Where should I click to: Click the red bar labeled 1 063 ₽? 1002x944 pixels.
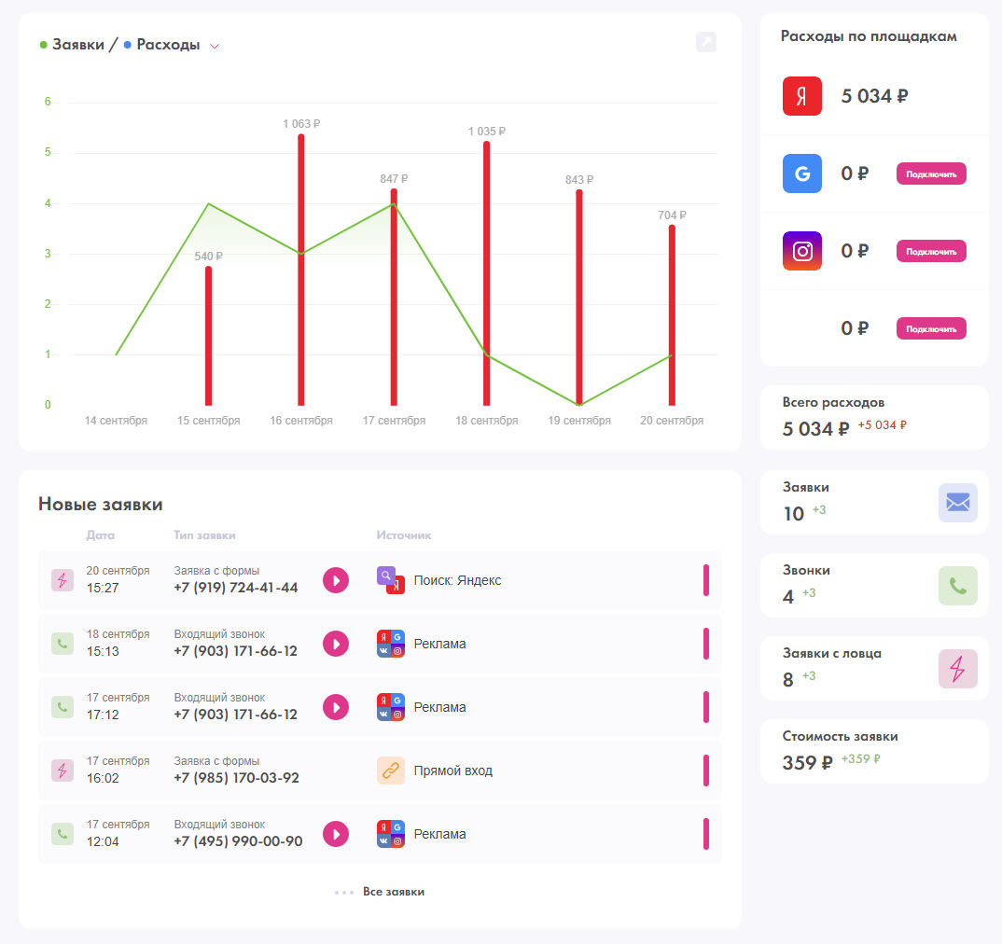[301, 270]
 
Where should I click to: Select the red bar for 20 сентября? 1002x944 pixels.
[672, 315]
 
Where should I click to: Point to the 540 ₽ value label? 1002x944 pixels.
[208, 257]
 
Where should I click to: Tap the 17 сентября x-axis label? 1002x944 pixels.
[394, 421]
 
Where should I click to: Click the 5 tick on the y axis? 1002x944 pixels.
[48, 152]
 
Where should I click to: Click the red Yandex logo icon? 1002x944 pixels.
[802, 96]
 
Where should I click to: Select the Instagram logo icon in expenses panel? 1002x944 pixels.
[802, 251]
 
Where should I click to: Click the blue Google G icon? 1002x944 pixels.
[802, 174]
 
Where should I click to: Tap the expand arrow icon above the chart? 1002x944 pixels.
[706, 42]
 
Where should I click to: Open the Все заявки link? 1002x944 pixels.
[394, 892]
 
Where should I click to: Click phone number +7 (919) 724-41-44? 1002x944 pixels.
[236, 588]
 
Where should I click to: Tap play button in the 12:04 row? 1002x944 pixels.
[336, 834]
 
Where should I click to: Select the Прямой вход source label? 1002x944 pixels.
[453, 770]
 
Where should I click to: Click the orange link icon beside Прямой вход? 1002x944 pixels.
[391, 770]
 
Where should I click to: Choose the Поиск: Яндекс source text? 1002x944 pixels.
[457, 580]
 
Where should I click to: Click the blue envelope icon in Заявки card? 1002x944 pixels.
[958, 503]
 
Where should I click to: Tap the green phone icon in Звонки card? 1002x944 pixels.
[958, 586]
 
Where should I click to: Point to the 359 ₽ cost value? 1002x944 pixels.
[808, 762]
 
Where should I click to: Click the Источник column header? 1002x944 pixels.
[404, 534]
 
